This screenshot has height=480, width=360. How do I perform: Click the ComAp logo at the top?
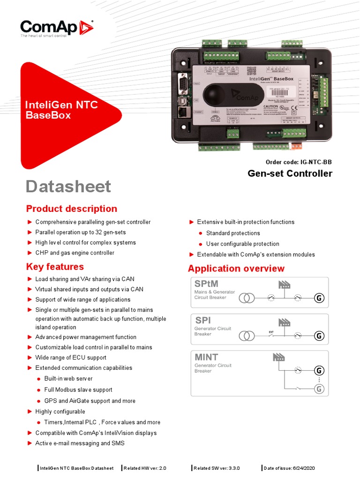pos(56,28)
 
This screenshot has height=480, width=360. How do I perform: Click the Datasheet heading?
pos(68,187)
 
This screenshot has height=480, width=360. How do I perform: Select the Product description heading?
pos(72,209)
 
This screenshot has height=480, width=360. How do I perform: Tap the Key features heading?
pos(55,267)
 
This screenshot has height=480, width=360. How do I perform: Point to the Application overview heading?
pos(236,269)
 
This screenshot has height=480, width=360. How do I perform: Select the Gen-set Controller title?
pos(290,173)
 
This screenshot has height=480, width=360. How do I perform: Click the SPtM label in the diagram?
pos(206,284)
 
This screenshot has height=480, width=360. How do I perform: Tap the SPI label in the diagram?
pos(203,320)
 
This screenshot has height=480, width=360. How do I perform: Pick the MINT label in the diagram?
pos(206,357)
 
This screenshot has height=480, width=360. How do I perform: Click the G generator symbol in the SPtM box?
pos(319,298)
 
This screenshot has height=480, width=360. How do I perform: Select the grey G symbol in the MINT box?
pos(319,389)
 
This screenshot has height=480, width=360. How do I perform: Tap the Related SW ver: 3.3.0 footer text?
pos(214,468)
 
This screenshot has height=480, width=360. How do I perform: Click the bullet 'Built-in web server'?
pos(68,378)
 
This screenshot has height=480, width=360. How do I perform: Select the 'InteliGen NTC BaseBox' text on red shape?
pos(61,110)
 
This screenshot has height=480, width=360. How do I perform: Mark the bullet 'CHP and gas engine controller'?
pos(75,253)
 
